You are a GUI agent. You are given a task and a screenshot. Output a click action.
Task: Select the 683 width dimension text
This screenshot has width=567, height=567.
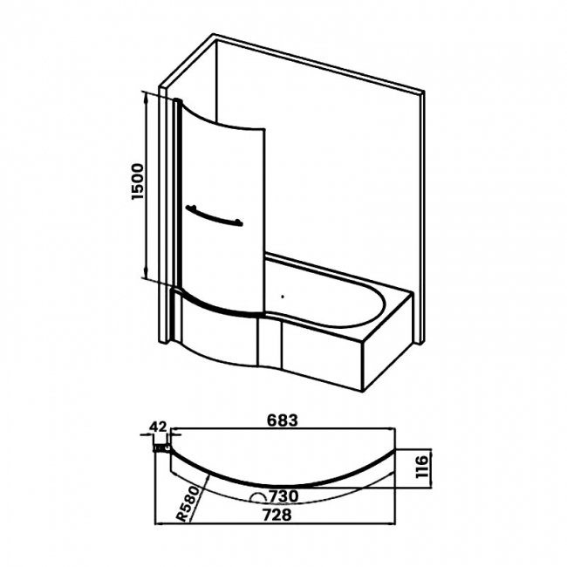tap(282, 420)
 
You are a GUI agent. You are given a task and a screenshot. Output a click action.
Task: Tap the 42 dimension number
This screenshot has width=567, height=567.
tap(158, 427)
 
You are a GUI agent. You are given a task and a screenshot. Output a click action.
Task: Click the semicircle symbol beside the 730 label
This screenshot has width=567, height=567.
tap(257, 496)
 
